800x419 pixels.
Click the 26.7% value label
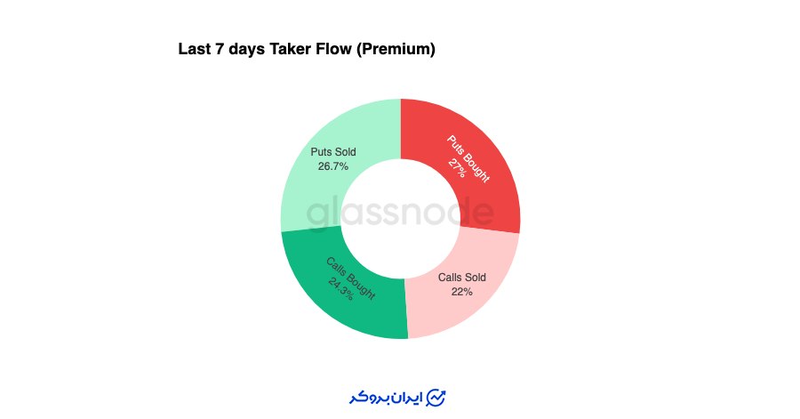tap(333, 166)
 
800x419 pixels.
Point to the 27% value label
tap(457, 168)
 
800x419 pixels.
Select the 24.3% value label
tap(340, 289)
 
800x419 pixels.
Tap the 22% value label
tap(461, 292)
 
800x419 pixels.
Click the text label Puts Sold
tap(333, 152)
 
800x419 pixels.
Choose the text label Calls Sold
tap(461, 278)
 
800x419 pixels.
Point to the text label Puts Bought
tap(468, 158)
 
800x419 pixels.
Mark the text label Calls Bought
tap(351, 278)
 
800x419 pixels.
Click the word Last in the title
tap(195, 49)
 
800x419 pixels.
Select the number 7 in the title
tap(220, 49)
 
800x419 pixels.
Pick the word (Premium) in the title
tap(396, 49)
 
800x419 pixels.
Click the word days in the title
tap(246, 50)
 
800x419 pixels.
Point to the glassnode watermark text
tap(400, 214)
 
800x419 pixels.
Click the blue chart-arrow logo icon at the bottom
tap(436, 398)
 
